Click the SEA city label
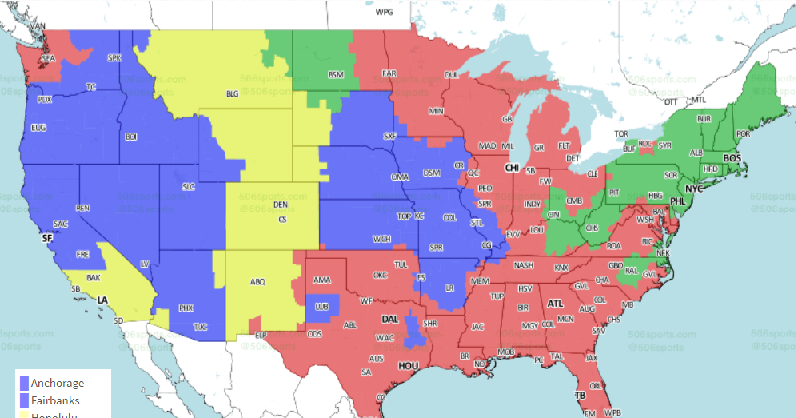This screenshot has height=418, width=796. coord(43,60)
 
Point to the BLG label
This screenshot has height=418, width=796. coord(233,94)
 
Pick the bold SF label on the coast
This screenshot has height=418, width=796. coord(45,239)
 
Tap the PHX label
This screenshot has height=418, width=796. coord(185,308)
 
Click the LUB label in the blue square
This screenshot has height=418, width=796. coord(320,308)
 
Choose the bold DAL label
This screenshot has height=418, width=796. coord(390,319)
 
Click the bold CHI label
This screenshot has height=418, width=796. coord(512,169)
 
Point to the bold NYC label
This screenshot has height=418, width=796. coord(694,188)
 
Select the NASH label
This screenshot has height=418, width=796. coord(523,266)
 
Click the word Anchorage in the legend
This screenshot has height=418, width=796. coord(59,382)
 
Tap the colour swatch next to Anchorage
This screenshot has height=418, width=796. coord(24,382)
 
